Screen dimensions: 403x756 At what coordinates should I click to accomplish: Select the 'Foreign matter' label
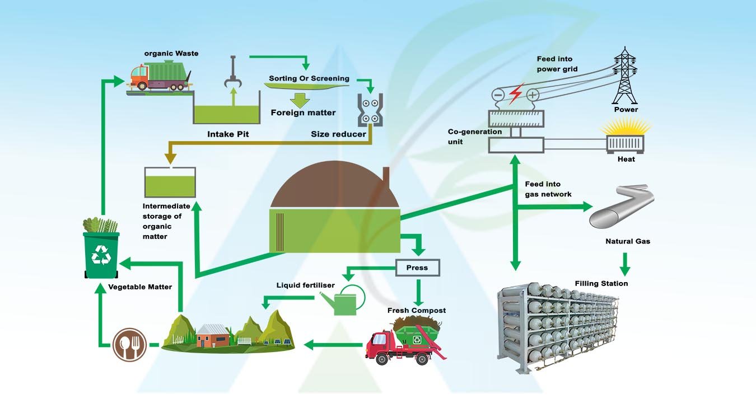(303, 113)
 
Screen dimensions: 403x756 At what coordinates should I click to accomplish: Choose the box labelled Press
(417, 268)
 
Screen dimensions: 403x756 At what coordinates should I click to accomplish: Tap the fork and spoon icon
(129, 344)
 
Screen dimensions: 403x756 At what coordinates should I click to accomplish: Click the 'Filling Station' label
(601, 284)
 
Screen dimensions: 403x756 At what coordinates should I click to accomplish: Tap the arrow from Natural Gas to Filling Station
(626, 263)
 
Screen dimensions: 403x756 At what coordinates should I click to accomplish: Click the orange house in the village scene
(213, 337)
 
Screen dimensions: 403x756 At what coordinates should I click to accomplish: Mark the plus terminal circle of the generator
(532, 95)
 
